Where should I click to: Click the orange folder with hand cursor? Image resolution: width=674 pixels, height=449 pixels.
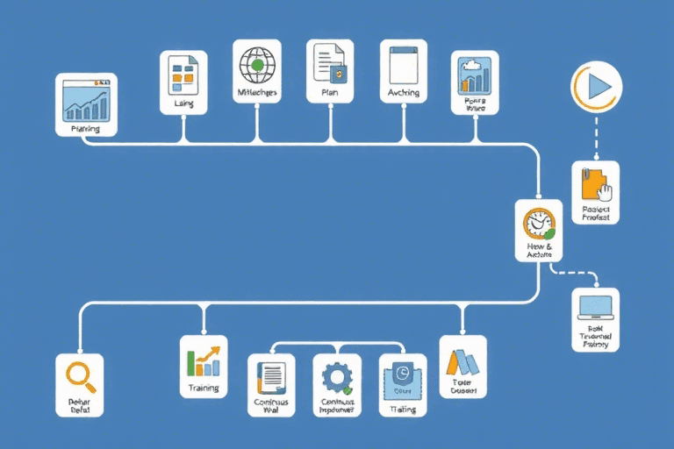click(595, 184)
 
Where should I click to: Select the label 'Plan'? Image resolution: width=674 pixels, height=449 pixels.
click(330, 91)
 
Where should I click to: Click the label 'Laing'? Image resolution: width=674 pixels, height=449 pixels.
click(183, 103)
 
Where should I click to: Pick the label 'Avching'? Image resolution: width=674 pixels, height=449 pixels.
click(404, 92)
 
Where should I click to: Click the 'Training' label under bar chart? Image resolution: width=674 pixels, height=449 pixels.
click(203, 387)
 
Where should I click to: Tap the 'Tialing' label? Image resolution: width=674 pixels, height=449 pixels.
click(403, 409)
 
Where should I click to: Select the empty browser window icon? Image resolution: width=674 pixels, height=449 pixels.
click(404, 63)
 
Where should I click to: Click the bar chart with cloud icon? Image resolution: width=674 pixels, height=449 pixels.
click(474, 76)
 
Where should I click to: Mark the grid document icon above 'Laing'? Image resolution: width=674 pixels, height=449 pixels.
click(183, 74)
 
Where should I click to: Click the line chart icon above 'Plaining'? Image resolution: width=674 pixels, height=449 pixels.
click(85, 102)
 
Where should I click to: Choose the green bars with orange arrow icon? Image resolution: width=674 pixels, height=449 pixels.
click(204, 359)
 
